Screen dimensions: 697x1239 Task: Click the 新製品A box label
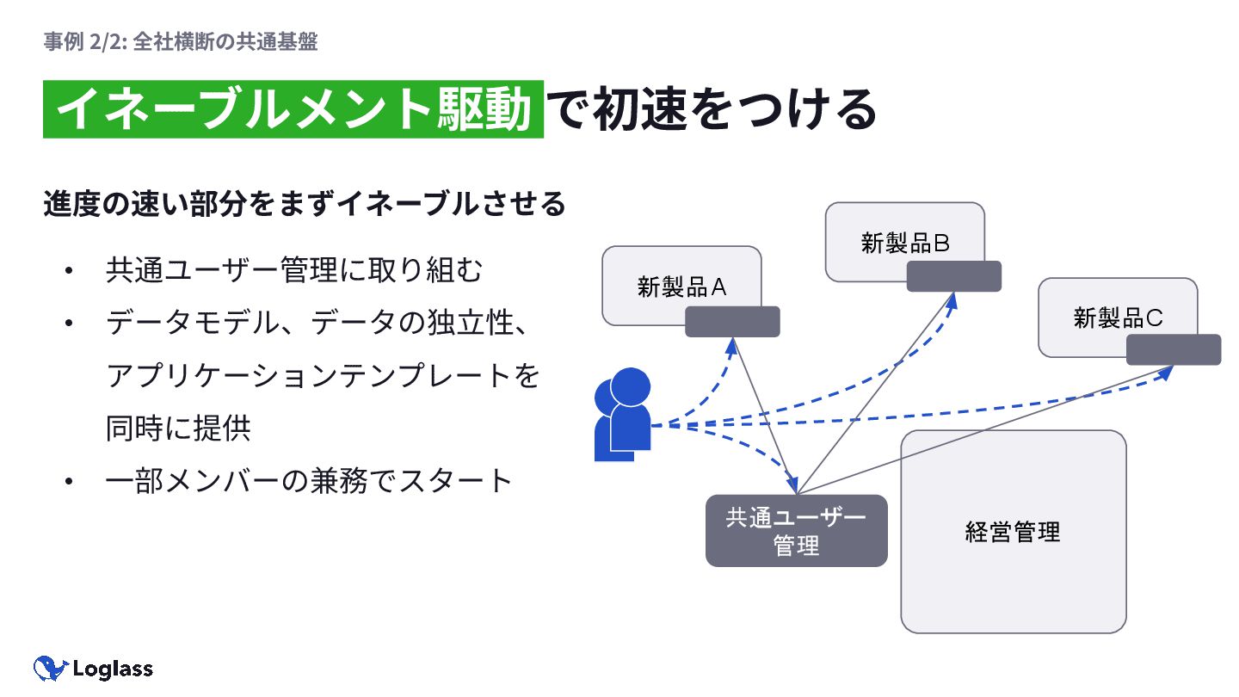tap(681, 287)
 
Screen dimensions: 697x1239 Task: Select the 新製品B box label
tap(904, 243)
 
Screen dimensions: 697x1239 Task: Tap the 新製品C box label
tap(1118, 318)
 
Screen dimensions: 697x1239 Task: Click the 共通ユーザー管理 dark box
tap(796, 531)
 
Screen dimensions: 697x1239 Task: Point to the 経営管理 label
tap(1013, 532)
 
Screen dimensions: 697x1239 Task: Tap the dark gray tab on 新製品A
tap(732, 322)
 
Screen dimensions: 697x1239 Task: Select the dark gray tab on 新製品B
tap(954, 276)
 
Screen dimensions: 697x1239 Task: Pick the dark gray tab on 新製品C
tap(1174, 349)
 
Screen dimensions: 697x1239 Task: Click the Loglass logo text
tap(113, 669)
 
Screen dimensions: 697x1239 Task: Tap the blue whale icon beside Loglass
tap(50, 668)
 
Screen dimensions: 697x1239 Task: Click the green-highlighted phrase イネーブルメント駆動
tap(293, 109)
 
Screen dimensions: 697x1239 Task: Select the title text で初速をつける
tap(711, 109)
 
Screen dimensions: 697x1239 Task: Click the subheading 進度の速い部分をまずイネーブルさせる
tap(305, 205)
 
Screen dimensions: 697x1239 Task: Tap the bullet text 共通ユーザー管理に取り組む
tap(294, 271)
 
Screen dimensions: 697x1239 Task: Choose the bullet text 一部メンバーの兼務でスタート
tap(309, 480)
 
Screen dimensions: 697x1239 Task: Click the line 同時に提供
tap(178, 428)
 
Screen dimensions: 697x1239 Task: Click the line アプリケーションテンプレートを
tap(323, 376)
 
